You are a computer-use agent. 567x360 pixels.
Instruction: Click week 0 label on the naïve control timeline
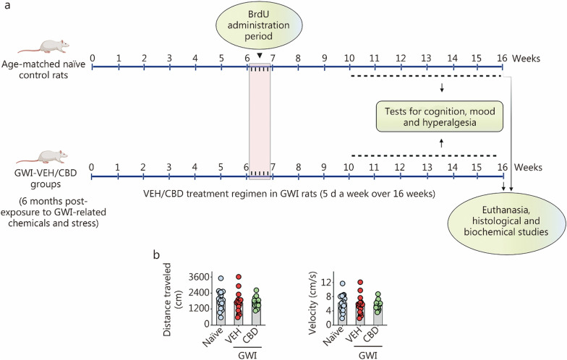tap(93, 56)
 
